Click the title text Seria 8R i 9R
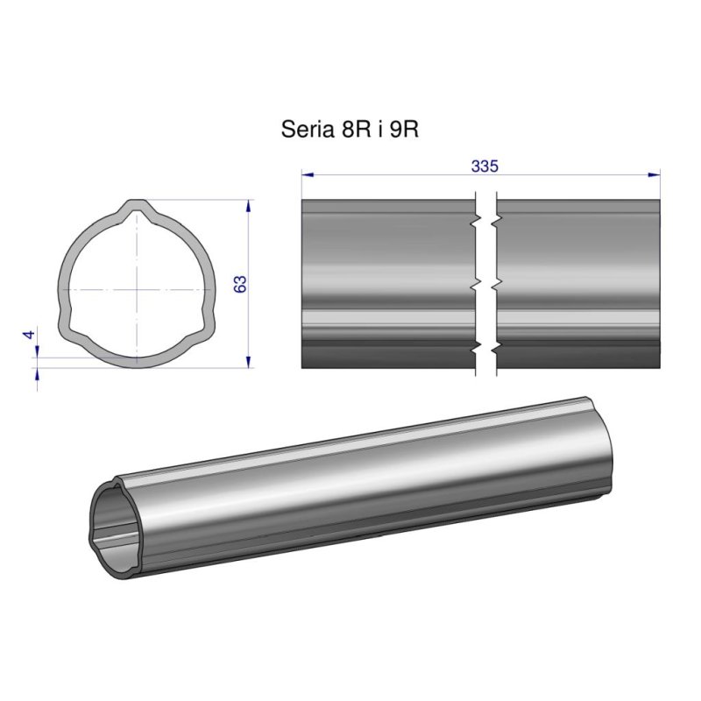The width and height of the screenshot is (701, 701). click(349, 130)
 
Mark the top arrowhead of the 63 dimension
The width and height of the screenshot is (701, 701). click(250, 206)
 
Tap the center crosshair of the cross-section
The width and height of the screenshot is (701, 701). click(136, 287)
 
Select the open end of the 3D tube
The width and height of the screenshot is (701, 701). click(114, 526)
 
